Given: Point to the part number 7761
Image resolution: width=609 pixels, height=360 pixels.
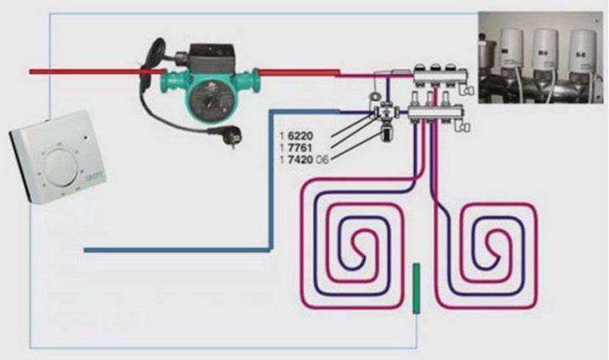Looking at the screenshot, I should tap(296, 147).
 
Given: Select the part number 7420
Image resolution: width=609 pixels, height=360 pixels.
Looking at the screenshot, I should tap(296, 158).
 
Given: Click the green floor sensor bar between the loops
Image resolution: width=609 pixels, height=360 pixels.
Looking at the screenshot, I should tap(415, 288).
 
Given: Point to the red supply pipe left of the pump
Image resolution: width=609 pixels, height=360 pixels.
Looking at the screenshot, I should tap(85, 72).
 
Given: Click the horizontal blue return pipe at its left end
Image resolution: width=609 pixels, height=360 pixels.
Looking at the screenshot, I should tap(90, 250).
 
